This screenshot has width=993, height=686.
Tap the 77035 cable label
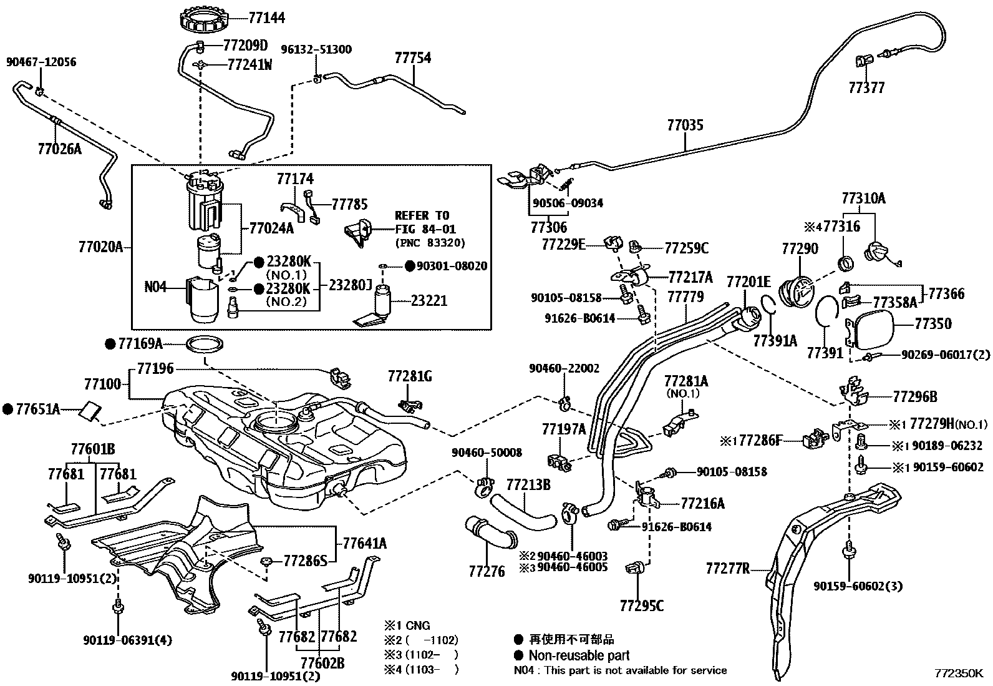coord(684,125)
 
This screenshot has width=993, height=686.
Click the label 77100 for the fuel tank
coord(103,383)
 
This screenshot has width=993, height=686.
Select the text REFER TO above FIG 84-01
coord(422,216)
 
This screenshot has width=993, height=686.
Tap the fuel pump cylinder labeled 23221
coord(384,300)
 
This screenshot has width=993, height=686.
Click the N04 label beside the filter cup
coord(155,288)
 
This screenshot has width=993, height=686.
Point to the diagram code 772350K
coord(958,674)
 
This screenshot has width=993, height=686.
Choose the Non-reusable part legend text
coord(578,655)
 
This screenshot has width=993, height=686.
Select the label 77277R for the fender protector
coord(727,569)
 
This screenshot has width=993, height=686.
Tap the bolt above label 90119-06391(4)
coord(117,606)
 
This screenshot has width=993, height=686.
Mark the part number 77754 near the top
coord(412,58)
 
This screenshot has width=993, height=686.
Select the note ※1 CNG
coord(407,625)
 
